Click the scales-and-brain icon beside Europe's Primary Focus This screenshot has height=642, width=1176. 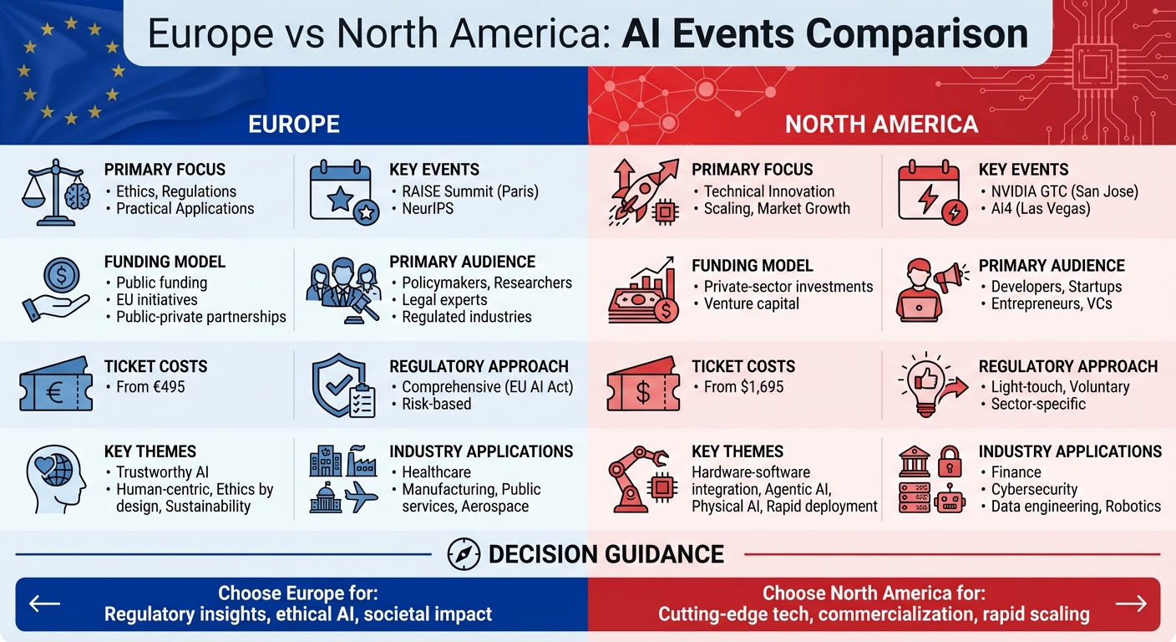(55, 194)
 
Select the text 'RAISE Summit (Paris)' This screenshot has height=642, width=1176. (470, 191)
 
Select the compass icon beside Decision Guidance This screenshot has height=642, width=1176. (464, 554)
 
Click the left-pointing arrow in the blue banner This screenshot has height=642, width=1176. (44, 604)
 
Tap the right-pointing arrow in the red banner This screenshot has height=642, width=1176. (1131, 604)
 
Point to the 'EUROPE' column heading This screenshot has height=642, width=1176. (294, 125)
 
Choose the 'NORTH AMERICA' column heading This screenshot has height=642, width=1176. (881, 125)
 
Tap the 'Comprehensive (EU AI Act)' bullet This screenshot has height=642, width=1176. (487, 387)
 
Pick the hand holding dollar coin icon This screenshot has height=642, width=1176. (58, 287)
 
